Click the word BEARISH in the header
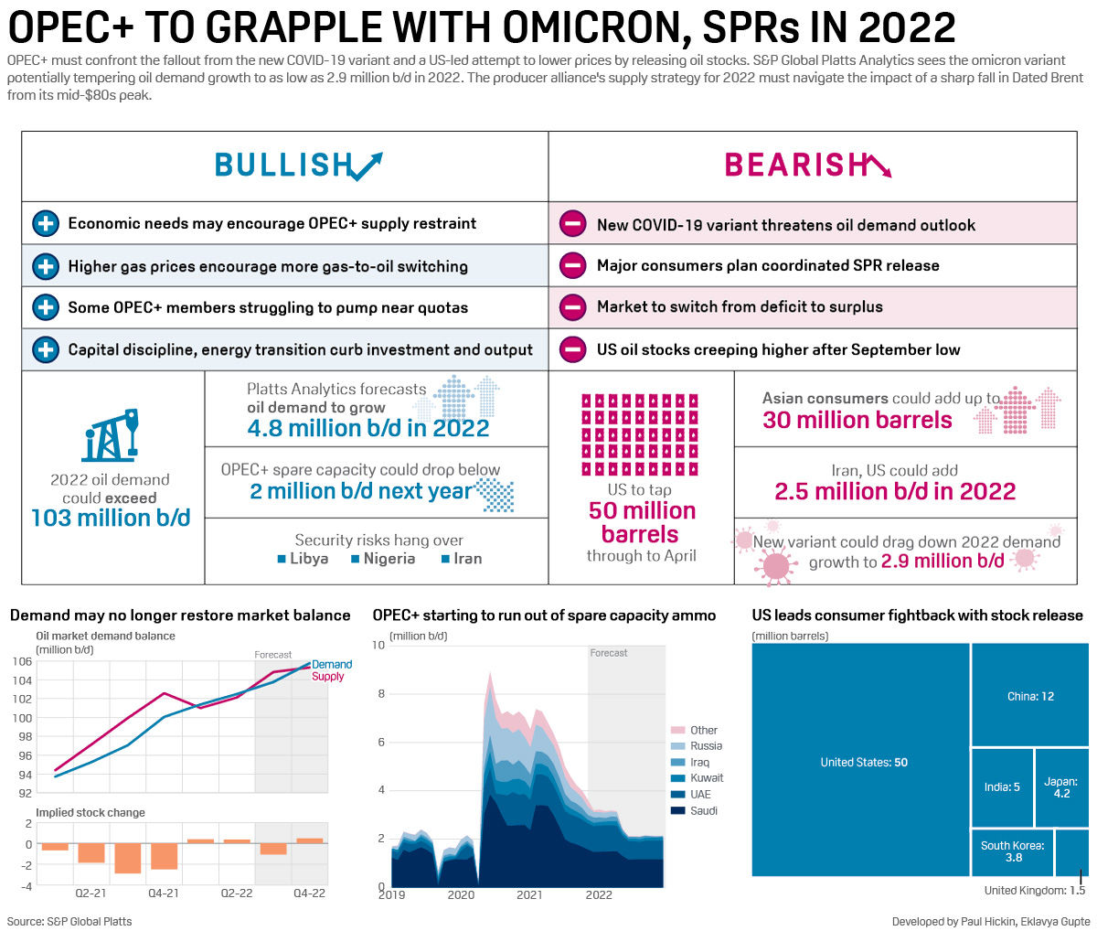pos(795,165)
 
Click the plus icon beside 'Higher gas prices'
pos(45,266)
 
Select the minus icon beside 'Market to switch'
pos(573,307)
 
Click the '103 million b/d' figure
pos(111,518)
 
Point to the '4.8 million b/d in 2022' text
pos(367,428)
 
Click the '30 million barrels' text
pos(857,420)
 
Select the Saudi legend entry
pos(703,810)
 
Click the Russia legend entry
pos(706,746)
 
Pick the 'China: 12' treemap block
pos(1030,696)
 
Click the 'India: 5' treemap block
pos(1002,787)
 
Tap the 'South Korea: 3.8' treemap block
pos(1012,851)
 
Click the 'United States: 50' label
pos(863,762)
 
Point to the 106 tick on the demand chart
pos(22,661)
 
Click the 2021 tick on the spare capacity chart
pos(529,894)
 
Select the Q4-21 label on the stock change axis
pos(163,893)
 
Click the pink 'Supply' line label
pos(327,677)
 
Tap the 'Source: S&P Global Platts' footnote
pos(69,921)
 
